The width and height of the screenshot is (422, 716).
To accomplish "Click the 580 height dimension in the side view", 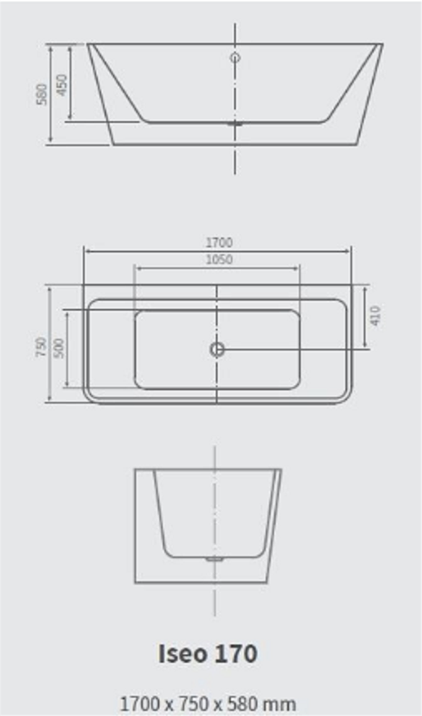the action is (42, 94).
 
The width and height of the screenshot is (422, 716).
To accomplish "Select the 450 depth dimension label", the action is (62, 85).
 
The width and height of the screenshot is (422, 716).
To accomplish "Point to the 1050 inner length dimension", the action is (219, 259).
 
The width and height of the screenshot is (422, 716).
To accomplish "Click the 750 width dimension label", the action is (42, 347).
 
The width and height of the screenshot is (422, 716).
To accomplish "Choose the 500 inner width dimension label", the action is (59, 348).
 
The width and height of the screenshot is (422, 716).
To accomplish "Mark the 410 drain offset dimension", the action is (375, 315).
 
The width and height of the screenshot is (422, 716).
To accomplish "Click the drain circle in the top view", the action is (217, 349).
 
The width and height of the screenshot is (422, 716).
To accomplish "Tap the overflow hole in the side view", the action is (235, 57).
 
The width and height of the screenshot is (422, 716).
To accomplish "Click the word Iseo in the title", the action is (182, 654).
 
